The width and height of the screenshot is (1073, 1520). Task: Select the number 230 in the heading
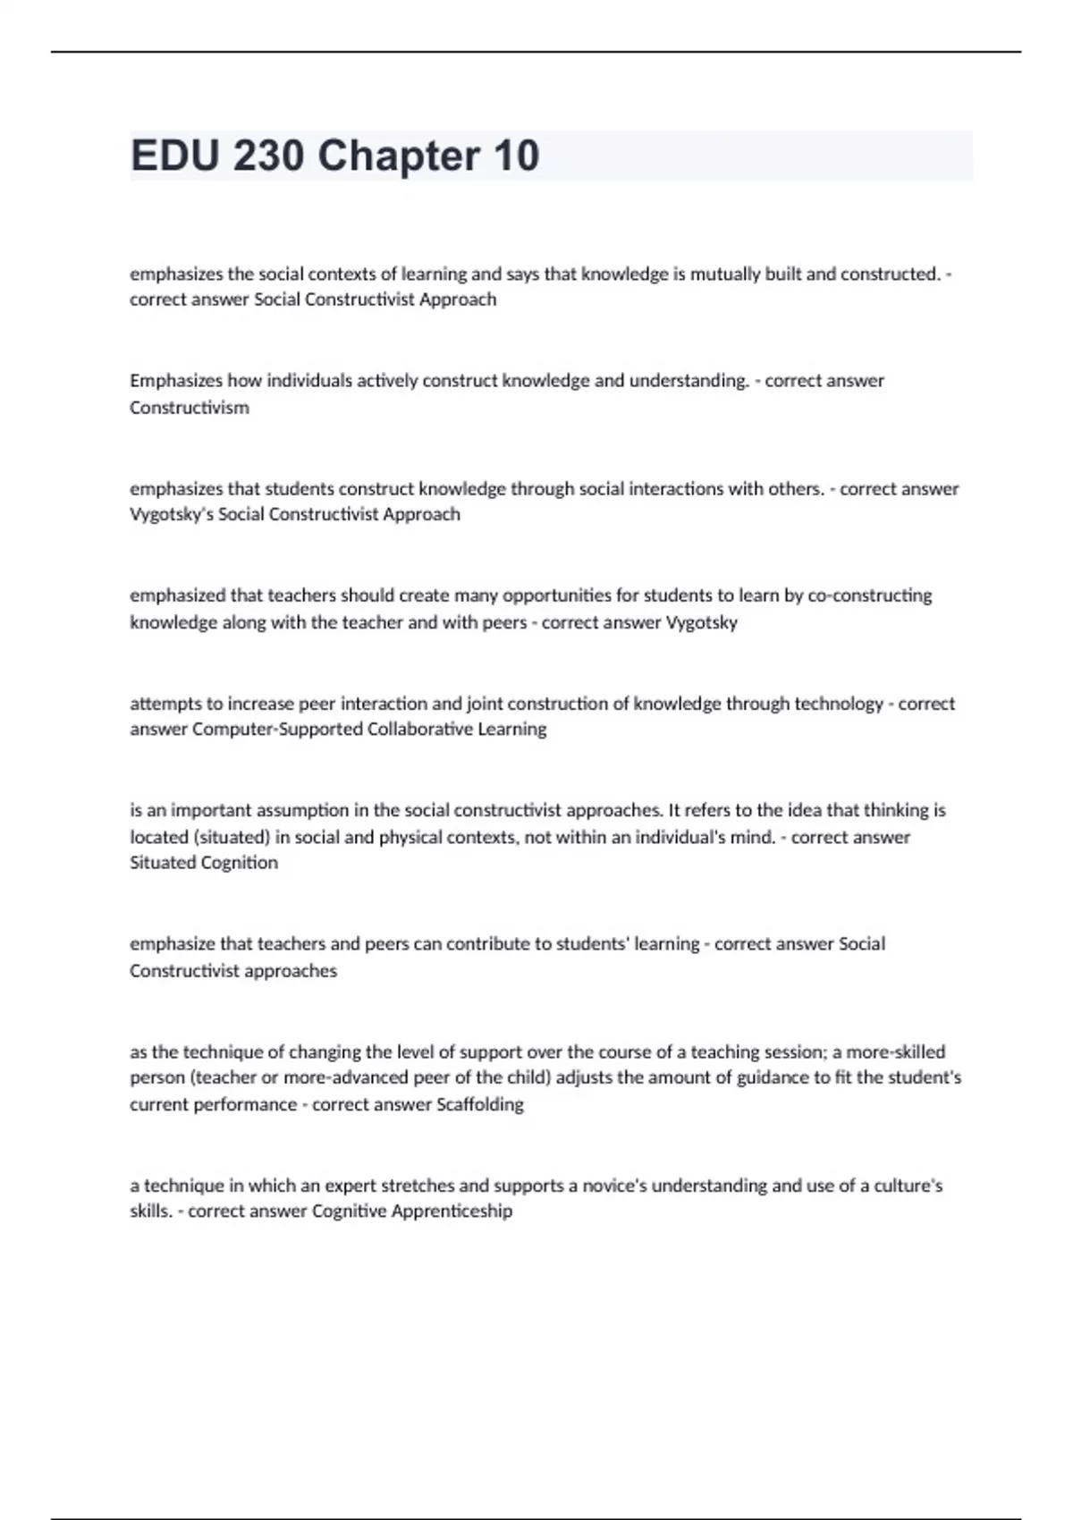click(268, 156)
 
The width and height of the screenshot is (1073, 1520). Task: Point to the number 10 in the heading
click(516, 156)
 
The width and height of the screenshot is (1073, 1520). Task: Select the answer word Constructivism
click(190, 408)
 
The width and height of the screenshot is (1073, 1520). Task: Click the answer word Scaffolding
click(480, 1104)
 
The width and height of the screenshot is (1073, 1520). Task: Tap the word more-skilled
click(895, 1051)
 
